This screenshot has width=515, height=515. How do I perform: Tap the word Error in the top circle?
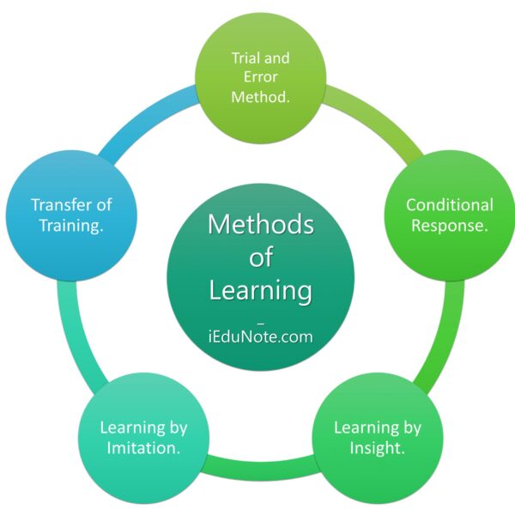(x=260, y=78)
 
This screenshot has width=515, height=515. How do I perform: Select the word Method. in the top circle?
(x=260, y=97)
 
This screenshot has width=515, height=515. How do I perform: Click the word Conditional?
(x=450, y=205)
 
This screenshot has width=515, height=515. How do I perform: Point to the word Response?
(x=450, y=226)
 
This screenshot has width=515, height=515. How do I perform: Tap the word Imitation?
(x=143, y=447)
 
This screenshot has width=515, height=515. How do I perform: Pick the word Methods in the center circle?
(x=260, y=226)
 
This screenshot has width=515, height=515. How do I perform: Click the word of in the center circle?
(x=260, y=258)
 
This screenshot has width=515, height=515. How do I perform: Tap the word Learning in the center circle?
(x=260, y=290)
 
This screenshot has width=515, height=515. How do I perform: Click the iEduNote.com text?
(x=260, y=336)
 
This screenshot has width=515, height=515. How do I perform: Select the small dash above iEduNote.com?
(x=260, y=318)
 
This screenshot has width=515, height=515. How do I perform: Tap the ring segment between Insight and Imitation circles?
(x=261, y=470)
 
